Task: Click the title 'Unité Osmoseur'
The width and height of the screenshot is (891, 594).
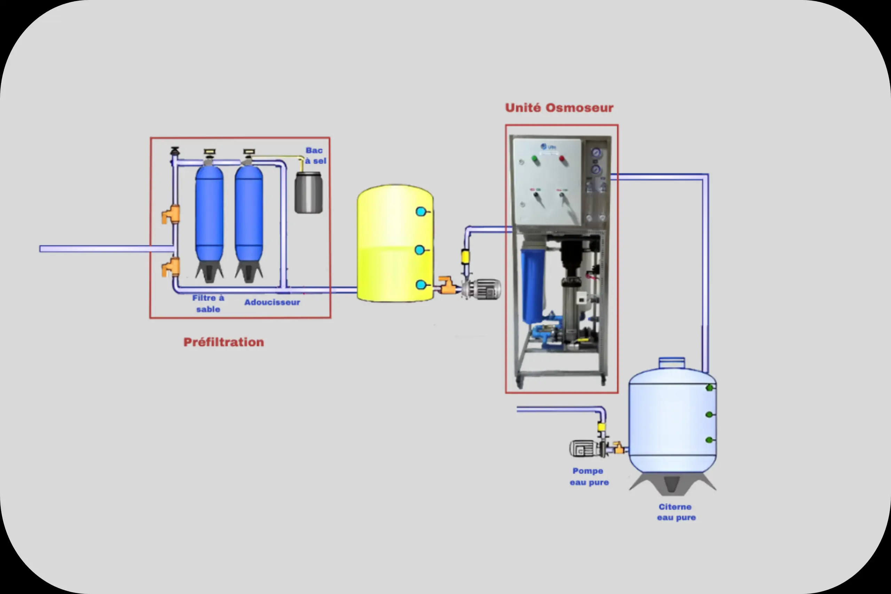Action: (x=559, y=108)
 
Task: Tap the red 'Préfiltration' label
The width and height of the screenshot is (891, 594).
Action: (x=223, y=342)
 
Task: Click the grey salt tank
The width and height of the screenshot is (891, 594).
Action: (x=309, y=192)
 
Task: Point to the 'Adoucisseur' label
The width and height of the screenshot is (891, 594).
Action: (x=272, y=302)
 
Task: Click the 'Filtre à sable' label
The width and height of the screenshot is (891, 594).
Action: (x=208, y=303)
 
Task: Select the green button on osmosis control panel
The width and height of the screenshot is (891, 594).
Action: (x=535, y=159)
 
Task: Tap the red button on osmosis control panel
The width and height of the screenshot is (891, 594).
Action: (x=562, y=159)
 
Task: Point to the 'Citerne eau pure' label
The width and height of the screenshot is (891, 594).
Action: (x=676, y=512)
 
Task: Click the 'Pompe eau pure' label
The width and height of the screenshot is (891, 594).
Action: (x=589, y=477)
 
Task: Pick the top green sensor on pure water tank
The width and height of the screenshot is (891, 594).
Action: (x=710, y=388)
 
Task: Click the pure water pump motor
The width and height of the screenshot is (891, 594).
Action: (x=583, y=449)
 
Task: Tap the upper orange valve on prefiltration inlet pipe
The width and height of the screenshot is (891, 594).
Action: (x=171, y=214)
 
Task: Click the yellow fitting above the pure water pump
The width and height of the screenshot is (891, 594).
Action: (x=601, y=427)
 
